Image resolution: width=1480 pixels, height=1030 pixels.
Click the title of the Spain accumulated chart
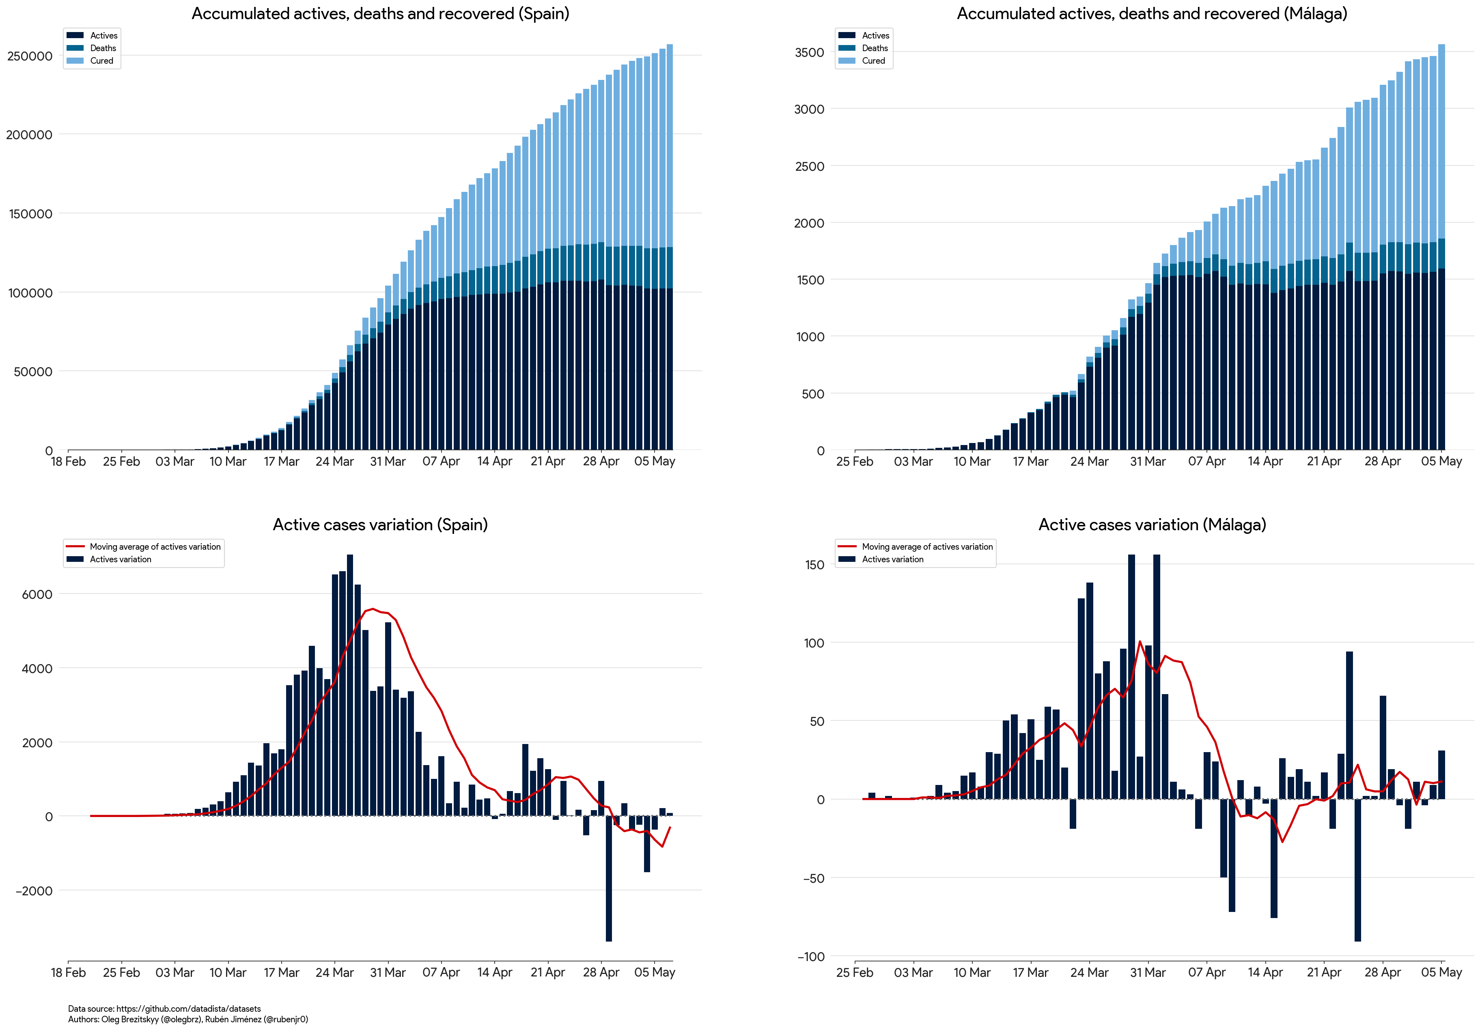[380, 13]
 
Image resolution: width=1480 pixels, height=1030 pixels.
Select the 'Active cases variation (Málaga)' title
[1152, 525]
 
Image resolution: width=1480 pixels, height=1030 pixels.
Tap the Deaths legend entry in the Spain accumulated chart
[103, 48]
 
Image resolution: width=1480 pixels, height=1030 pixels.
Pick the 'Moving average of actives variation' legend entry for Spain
[155, 546]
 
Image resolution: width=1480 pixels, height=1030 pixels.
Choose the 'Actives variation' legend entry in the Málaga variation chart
[892, 559]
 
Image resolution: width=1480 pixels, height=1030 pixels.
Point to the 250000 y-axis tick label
[30, 56]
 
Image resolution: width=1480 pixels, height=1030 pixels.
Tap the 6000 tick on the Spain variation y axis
[37, 594]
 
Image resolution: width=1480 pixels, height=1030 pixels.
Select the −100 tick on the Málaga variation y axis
[811, 957]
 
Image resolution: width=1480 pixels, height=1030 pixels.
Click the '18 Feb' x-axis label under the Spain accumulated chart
[68, 462]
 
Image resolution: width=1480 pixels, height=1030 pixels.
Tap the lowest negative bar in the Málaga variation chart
[1357, 870]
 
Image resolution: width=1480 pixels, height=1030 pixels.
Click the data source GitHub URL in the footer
[188, 1009]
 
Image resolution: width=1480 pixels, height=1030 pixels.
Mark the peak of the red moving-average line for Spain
[373, 609]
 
